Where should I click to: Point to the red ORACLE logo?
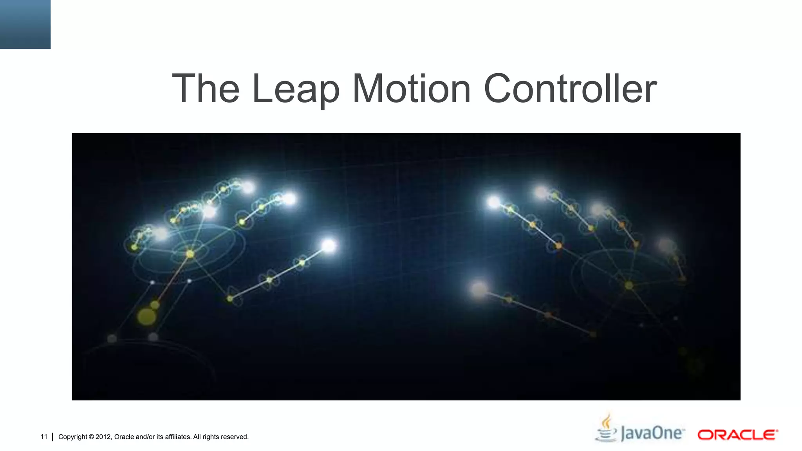coord(737,435)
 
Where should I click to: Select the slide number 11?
coord(44,437)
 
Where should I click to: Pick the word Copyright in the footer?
coord(72,437)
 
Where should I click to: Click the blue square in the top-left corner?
coord(25,24)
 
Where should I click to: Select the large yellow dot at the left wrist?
coord(146,316)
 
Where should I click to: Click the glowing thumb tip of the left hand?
coord(329,245)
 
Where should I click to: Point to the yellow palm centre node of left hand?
coord(190,254)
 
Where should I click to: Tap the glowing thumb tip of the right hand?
coord(479,289)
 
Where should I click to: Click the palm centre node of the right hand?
coord(629,285)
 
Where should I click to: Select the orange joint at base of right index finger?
coord(558,246)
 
